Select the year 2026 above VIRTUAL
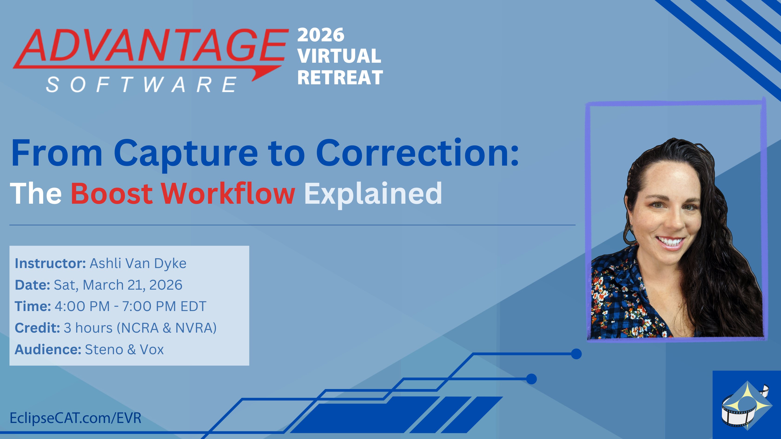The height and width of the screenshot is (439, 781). point(321,35)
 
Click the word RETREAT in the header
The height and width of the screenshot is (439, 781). point(340,78)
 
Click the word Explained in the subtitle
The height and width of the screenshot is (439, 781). point(373,194)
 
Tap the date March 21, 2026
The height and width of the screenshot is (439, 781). point(132,285)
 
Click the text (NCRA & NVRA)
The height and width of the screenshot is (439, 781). point(167,328)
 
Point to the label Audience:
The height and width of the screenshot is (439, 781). point(48,349)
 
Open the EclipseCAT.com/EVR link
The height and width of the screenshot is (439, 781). point(76,418)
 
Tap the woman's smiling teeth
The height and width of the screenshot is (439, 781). point(671,242)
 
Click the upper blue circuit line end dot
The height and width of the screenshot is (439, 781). point(576,354)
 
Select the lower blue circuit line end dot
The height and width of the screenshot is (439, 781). point(531,379)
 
